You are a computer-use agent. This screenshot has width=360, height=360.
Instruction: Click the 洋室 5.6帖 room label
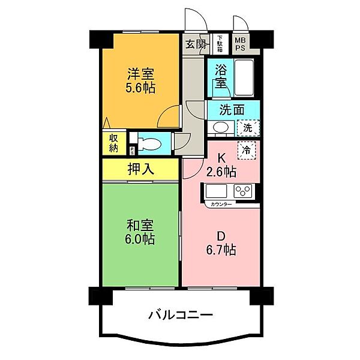click(x=141, y=81)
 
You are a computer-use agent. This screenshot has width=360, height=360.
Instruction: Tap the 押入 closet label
click(x=141, y=169)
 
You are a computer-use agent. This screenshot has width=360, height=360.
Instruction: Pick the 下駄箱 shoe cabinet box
click(x=220, y=43)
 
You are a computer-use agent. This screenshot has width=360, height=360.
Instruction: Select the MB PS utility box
click(x=240, y=43)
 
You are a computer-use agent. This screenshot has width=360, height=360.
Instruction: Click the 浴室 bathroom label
click(x=220, y=77)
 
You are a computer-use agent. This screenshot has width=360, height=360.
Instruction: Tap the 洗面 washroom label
click(x=232, y=110)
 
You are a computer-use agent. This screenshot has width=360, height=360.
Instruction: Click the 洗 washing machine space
click(x=248, y=127)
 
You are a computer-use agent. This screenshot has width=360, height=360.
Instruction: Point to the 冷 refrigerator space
click(x=246, y=150)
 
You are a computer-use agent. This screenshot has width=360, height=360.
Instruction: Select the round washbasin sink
click(x=220, y=127)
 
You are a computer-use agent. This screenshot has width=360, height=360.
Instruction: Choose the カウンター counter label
click(x=223, y=205)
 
